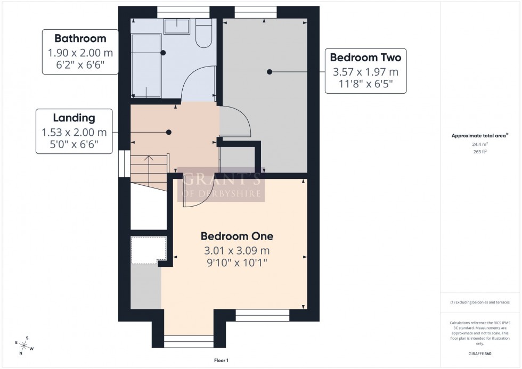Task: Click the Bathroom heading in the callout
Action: coord(80,38)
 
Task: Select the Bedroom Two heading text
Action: coord(365,57)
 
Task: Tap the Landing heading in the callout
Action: coord(74,118)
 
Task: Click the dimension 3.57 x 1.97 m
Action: coord(365,71)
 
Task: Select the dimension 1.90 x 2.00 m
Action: coord(80,53)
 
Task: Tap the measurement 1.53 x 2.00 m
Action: coord(74,133)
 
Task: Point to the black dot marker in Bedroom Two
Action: coord(270,72)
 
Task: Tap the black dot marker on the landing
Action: coord(169,132)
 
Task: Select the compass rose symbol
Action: coord(25,346)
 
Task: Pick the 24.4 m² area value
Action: coord(481,143)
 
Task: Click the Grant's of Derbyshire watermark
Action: coord(222,186)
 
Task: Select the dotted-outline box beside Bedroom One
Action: coord(149,250)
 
